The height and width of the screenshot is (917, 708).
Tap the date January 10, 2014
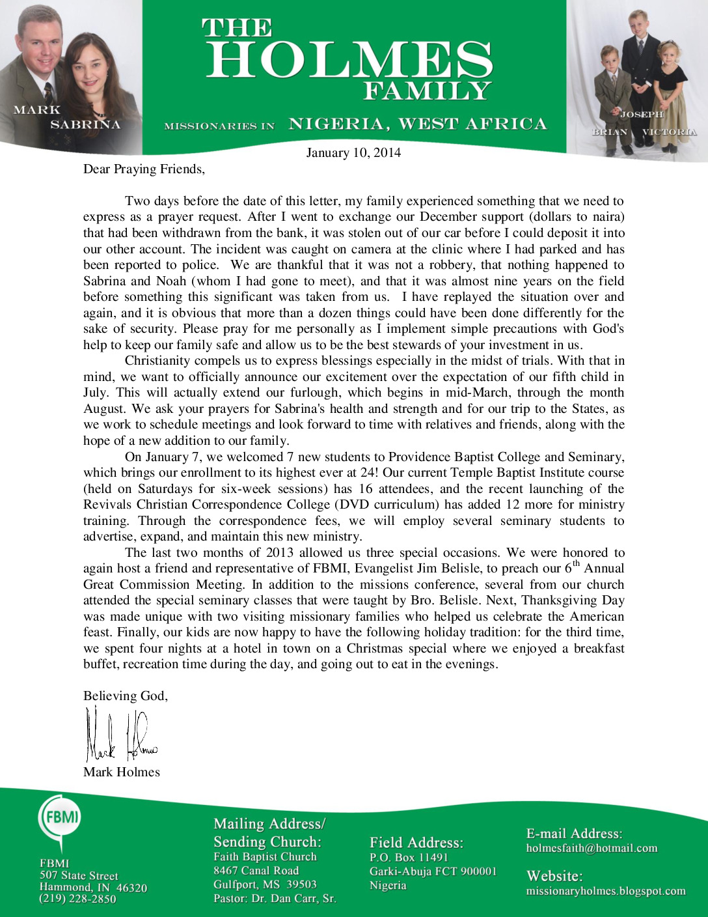(x=353, y=153)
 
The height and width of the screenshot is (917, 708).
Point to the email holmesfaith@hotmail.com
(x=592, y=848)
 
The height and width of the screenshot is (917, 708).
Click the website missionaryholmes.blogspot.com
(x=606, y=891)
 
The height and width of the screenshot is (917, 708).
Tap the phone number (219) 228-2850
(x=78, y=899)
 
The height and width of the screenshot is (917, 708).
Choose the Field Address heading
(x=416, y=843)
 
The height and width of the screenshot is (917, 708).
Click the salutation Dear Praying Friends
(x=144, y=169)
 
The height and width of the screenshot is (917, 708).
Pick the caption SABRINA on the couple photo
(x=85, y=124)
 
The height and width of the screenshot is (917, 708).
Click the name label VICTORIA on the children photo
(x=669, y=132)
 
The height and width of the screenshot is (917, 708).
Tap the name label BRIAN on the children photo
(x=610, y=132)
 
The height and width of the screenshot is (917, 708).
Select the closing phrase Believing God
(x=126, y=696)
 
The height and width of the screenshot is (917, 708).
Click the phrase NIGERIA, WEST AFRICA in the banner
(x=418, y=124)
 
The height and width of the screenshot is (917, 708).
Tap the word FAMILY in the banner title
(x=426, y=91)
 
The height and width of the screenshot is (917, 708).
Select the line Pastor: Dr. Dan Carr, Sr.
(x=275, y=899)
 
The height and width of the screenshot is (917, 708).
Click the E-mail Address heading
(x=574, y=834)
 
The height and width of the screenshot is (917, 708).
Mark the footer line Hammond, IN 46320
(x=93, y=887)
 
